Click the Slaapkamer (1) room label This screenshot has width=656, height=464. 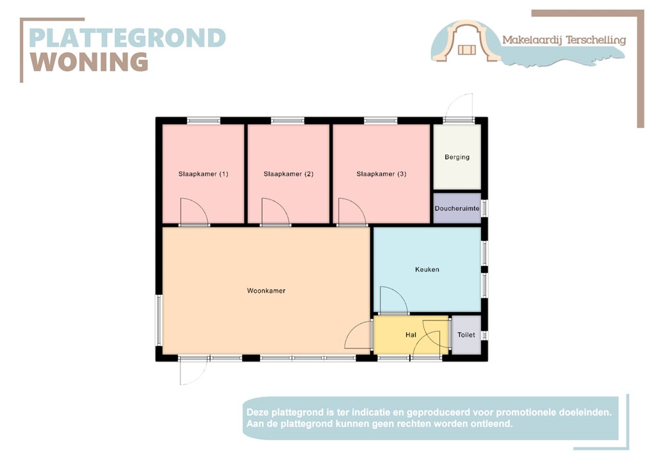point(203,174)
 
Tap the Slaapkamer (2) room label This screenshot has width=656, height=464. point(288,174)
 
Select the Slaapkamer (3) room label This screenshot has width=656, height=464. point(381,174)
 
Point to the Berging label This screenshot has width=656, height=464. point(457,157)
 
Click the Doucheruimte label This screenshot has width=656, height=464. point(457,208)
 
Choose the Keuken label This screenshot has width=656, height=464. point(427,269)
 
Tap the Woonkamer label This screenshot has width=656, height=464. point(266,291)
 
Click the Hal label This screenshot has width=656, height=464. point(411,335)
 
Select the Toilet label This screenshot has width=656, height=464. point(466,335)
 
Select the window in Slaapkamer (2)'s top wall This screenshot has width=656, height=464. point(288,120)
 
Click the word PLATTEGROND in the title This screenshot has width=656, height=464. point(127,38)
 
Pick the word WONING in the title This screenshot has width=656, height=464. point(89,62)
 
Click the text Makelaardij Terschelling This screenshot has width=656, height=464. point(564,40)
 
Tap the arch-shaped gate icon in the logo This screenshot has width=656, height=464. point(466,41)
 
